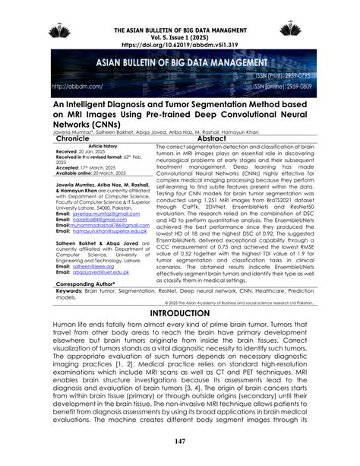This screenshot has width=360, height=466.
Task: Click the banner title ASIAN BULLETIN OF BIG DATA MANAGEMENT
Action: [x=181, y=64]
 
